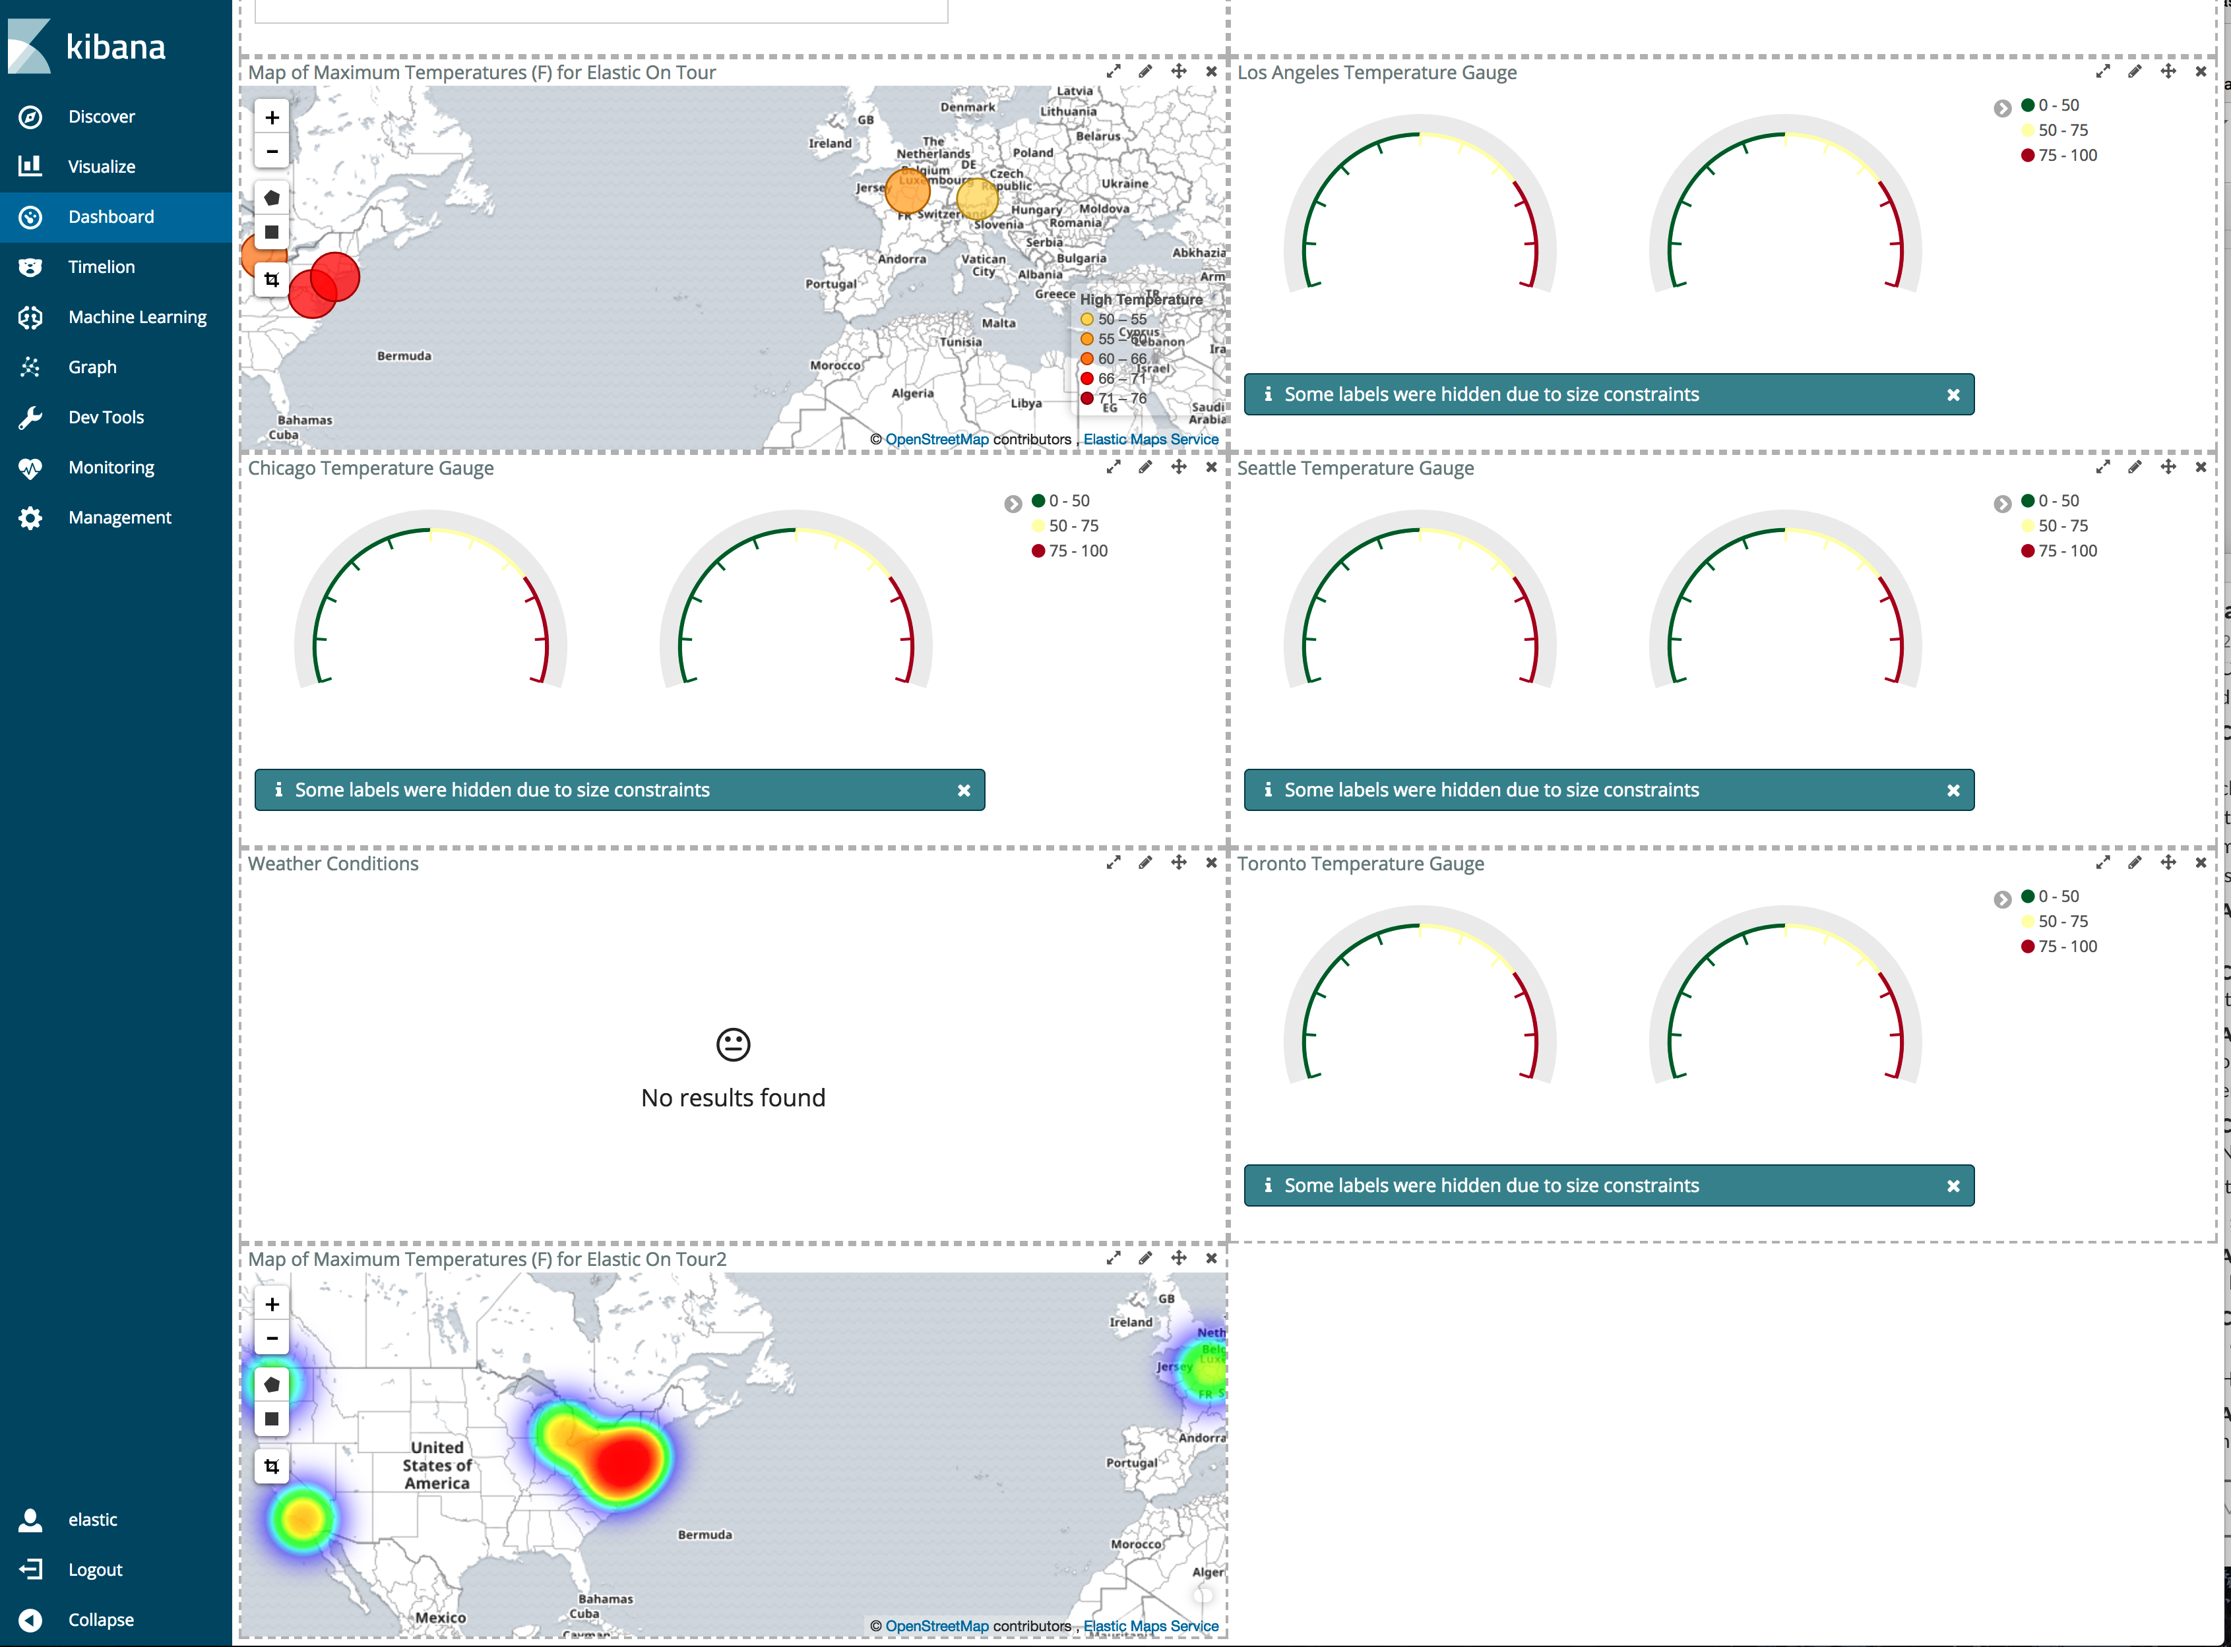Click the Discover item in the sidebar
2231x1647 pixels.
[101, 117]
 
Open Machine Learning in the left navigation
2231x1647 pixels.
[137, 317]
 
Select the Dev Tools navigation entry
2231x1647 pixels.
[106, 417]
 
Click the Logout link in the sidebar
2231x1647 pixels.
[95, 1569]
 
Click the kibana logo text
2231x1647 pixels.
[115, 47]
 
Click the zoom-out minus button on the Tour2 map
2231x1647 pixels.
[271, 1338]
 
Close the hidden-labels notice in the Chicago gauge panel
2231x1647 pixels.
[963, 791]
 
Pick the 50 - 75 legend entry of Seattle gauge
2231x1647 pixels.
[2061, 525]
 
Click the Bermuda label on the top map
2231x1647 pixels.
[404, 356]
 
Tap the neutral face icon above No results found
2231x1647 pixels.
[733, 1044]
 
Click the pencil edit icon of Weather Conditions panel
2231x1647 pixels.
[1145, 862]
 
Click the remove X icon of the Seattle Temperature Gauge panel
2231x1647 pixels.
[2200, 467]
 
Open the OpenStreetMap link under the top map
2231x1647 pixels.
[937, 440]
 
